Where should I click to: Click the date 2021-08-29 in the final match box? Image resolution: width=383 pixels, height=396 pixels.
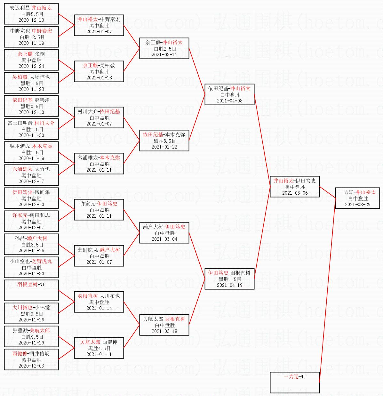(x=358, y=205)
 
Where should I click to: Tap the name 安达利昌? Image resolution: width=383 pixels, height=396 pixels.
(x=20, y=8)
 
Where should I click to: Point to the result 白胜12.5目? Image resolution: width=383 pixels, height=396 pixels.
(x=32, y=37)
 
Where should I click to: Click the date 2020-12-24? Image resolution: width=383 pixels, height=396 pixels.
(x=31, y=66)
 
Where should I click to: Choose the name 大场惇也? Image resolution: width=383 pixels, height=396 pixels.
(x=40, y=77)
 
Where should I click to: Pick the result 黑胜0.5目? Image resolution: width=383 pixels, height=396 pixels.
(x=32, y=106)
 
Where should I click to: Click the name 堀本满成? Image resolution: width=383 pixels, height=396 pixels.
(x=20, y=146)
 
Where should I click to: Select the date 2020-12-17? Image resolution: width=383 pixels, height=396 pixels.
(x=31, y=181)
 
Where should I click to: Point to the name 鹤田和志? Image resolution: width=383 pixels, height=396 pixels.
(x=39, y=215)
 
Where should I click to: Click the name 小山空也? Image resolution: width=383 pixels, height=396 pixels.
(x=20, y=261)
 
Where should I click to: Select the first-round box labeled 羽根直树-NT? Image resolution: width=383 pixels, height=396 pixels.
(x=31, y=290)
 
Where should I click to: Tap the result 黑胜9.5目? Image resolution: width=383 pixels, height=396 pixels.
(x=32, y=314)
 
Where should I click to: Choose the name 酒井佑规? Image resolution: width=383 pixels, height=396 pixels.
(x=39, y=353)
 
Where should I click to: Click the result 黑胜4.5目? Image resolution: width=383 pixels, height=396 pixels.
(x=99, y=348)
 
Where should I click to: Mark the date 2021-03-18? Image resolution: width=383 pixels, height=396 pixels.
(x=164, y=331)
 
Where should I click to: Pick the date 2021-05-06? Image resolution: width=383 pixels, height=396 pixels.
(x=295, y=193)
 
